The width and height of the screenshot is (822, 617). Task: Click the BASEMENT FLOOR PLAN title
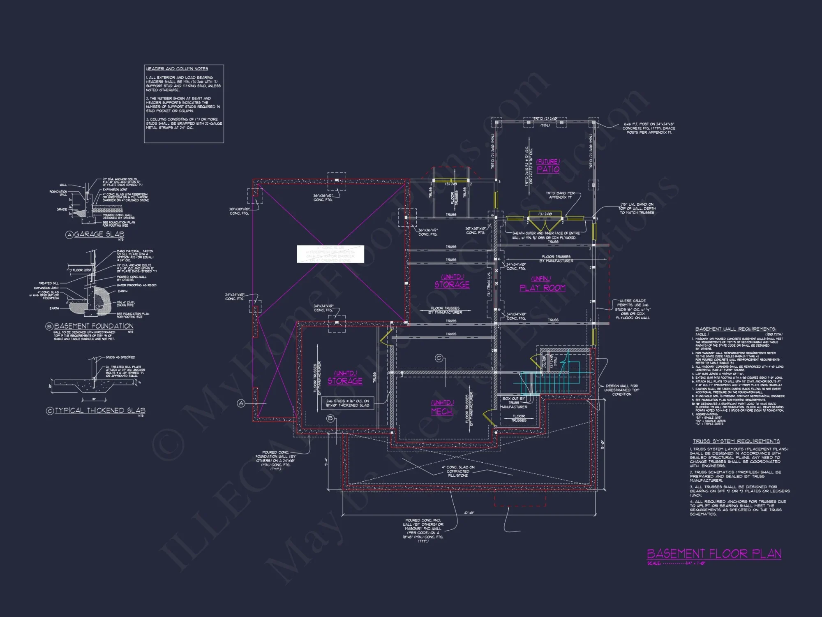tap(714, 554)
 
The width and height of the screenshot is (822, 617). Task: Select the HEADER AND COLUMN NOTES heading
tap(177, 69)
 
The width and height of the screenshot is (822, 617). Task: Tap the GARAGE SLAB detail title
tap(99, 234)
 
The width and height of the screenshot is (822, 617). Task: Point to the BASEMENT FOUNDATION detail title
tap(94, 326)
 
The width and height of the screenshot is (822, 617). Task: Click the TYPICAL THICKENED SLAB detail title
tap(100, 411)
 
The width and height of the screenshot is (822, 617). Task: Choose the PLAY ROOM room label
tap(542, 288)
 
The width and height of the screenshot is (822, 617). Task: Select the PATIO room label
tap(548, 169)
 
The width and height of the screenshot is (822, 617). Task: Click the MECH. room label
tap(442, 411)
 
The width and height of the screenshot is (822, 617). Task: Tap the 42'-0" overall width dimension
tap(469, 513)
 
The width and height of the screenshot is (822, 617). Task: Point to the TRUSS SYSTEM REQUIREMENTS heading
tap(736, 441)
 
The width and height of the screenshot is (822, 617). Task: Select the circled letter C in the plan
tap(439, 358)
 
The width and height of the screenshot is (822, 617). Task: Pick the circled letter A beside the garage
tap(241, 403)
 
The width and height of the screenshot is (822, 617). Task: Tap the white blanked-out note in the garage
tap(330, 254)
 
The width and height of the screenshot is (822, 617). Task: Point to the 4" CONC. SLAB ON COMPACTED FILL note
tap(458, 471)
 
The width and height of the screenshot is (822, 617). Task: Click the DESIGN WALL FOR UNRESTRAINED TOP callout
tap(621, 390)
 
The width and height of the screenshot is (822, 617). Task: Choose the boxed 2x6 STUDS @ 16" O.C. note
tap(347, 403)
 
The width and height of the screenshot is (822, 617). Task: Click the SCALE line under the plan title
tap(676, 564)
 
